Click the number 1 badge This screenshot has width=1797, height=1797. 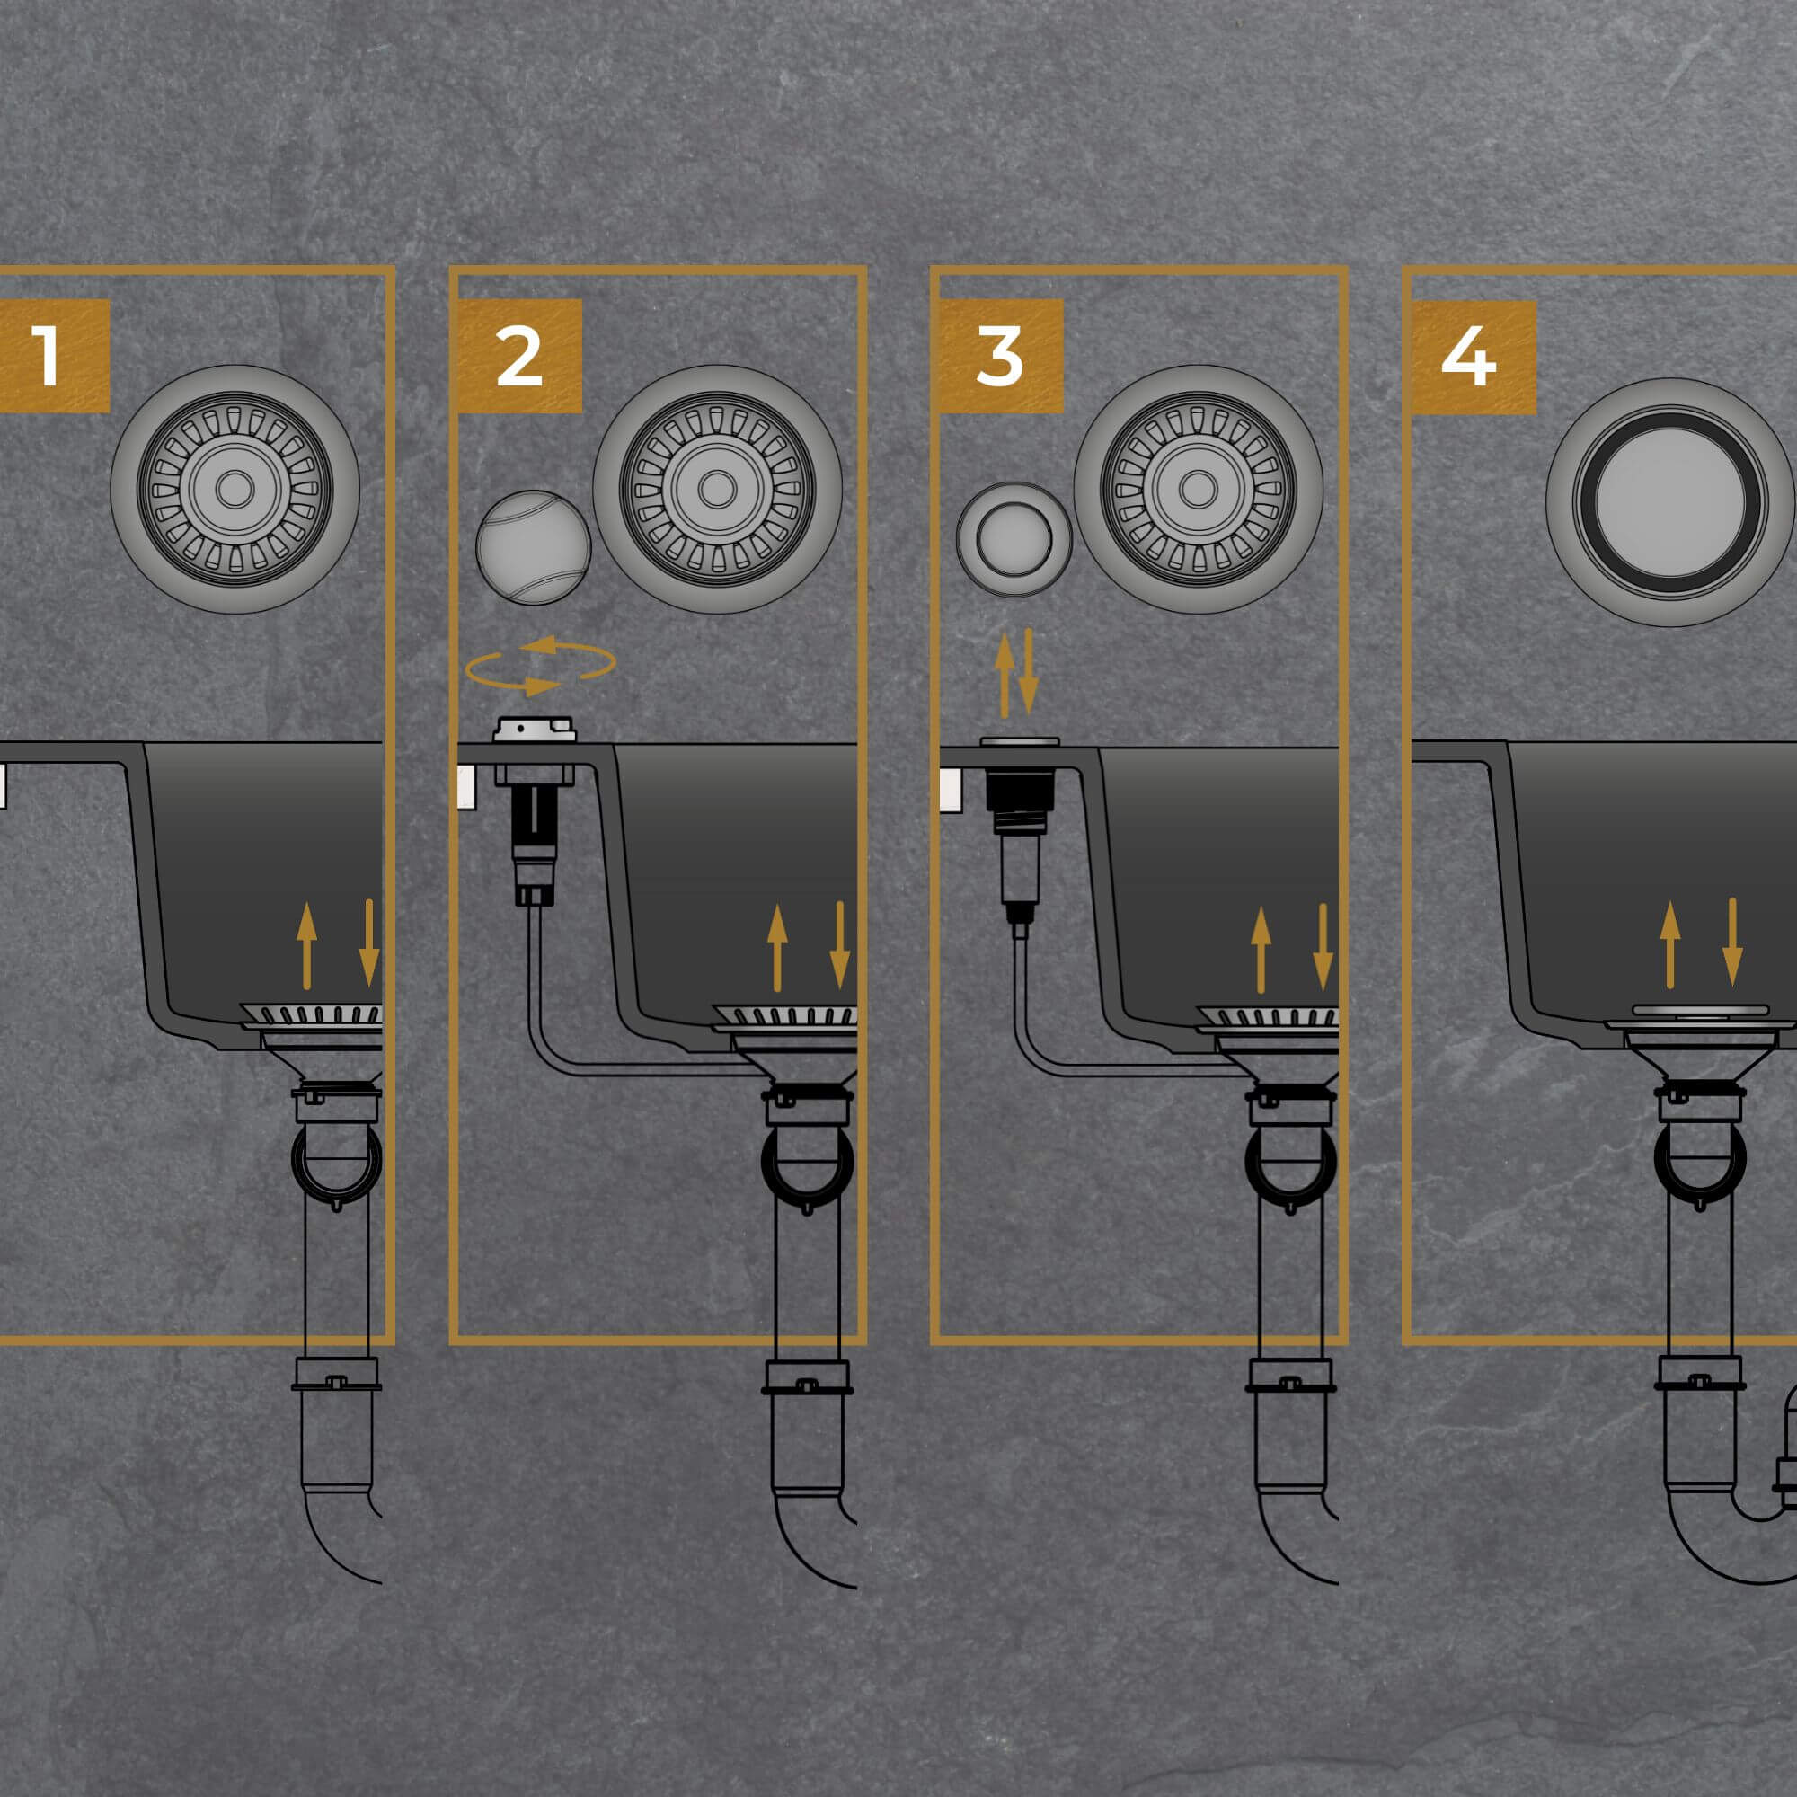[54, 355]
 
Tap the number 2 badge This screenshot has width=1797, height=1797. [519, 355]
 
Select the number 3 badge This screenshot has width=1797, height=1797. [1000, 355]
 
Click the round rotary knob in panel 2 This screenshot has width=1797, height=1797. [533, 548]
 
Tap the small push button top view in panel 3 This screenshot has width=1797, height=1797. [1014, 538]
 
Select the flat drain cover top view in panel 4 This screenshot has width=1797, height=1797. [1670, 501]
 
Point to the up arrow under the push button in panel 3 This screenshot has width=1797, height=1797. [1005, 677]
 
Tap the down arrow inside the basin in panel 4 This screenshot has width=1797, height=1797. [1732, 943]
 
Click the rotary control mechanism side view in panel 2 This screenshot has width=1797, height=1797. [535, 810]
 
